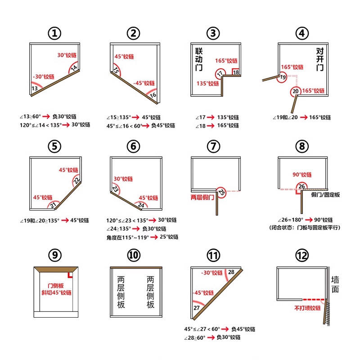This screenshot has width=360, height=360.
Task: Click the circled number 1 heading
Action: coord(54,33)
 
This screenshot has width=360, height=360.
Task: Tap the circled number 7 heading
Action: coord(213,146)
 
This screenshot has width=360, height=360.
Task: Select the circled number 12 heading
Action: coord(301,255)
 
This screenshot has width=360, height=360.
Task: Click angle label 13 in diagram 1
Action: coord(35,88)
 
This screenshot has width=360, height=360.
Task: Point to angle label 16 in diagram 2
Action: coord(153,95)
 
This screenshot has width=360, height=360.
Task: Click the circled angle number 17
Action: coord(220,73)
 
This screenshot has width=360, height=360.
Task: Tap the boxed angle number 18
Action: coord(236,72)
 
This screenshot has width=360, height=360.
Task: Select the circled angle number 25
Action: coord(221,192)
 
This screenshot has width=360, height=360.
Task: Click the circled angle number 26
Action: coord(301,186)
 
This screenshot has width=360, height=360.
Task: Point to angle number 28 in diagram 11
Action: coord(231,272)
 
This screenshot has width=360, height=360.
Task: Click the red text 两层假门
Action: coord(202,197)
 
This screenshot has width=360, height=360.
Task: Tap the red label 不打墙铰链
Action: coord(307,308)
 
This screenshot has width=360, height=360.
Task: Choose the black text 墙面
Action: coord(335,284)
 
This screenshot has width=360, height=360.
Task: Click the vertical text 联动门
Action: coord(199,59)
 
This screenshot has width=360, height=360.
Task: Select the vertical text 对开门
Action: coord(320,59)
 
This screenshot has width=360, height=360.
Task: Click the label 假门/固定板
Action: coord(325,195)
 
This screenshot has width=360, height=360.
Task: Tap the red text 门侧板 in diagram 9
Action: coord(55,286)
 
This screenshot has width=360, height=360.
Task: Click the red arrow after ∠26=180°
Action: coord(309,220)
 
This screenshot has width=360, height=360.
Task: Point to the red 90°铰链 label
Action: coord(302,175)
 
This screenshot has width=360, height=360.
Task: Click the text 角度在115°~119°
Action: coord(128,238)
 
